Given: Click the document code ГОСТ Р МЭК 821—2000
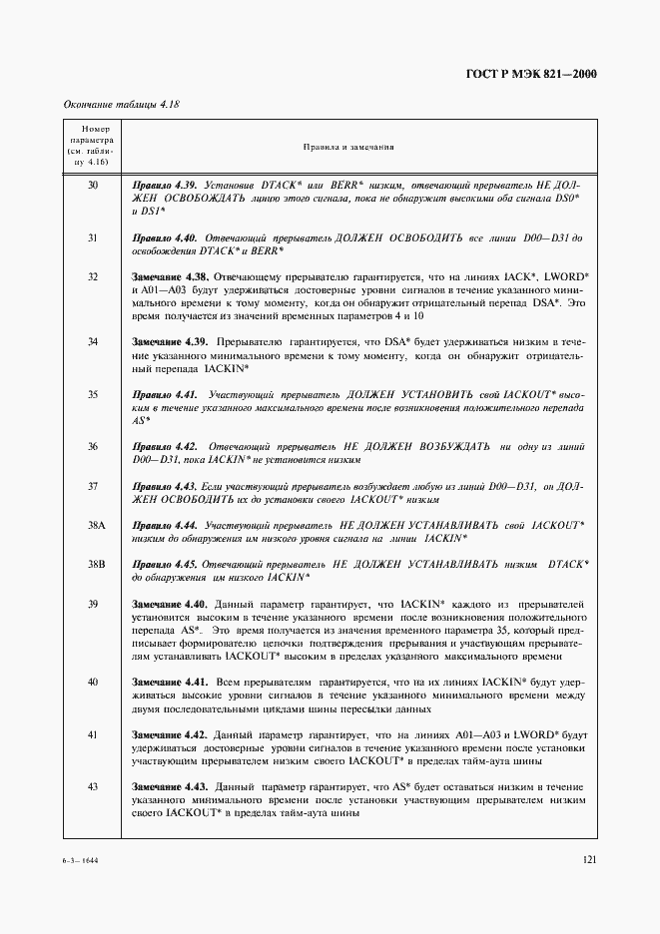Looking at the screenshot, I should pyautogui.click(x=540, y=74).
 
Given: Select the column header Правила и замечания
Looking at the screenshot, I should pyautogui.click(x=348, y=147).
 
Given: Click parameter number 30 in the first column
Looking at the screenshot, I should pyautogui.click(x=92, y=186).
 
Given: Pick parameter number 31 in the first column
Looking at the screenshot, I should pyautogui.click(x=92, y=238).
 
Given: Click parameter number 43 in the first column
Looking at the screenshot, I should pyautogui.click(x=92, y=787).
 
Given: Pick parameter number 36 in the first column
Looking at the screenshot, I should pyautogui.click(x=92, y=447).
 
